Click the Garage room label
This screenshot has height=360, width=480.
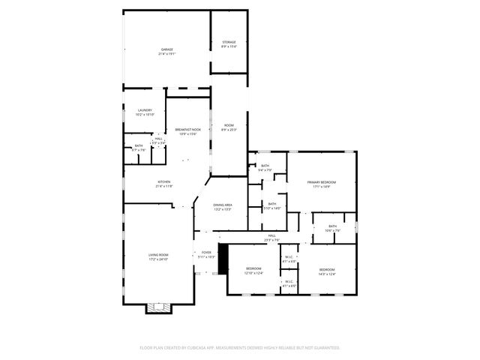coord(166,49)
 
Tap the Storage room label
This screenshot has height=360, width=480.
coord(229,42)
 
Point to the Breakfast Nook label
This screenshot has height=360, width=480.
coord(187,130)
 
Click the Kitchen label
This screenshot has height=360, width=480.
coord(163,181)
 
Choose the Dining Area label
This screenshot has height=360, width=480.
coord(222,204)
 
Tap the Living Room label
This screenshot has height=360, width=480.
coord(158,255)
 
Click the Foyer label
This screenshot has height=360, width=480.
coord(205,253)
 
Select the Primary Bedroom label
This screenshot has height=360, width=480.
coord(321,182)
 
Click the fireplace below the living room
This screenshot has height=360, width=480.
coord(157,307)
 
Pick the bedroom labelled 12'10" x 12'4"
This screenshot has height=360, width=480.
coord(254,268)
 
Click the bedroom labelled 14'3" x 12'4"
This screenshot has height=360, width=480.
coord(327,269)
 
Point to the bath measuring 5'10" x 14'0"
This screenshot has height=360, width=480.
coord(272,204)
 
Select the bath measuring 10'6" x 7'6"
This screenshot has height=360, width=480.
coord(332,226)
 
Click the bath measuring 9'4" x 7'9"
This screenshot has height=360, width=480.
coord(265,166)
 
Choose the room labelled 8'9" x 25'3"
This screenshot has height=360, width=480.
coord(229,125)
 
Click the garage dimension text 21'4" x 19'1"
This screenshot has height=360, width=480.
coord(166,54)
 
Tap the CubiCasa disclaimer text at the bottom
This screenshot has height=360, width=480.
coord(240,347)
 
